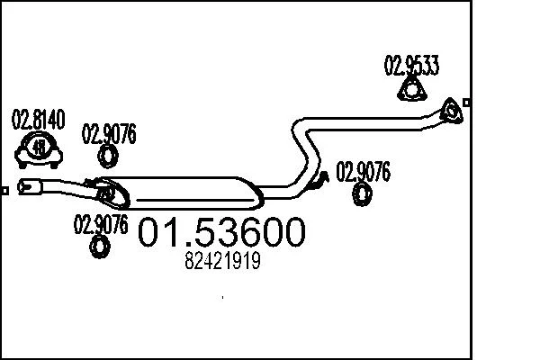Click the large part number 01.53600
pyautogui.click(x=221, y=232)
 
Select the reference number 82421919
pyautogui.click(x=222, y=261)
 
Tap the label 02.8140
pyautogui.click(x=38, y=120)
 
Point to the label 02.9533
pyautogui.click(x=411, y=65)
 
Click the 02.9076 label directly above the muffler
pyautogui.click(x=109, y=134)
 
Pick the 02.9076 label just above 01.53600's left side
pyautogui.click(x=101, y=224)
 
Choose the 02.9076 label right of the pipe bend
pyautogui.click(x=363, y=171)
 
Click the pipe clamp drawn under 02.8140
pyautogui.click(x=38, y=150)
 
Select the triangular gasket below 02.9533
pyautogui.click(x=412, y=90)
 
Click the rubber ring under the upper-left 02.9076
pyautogui.click(x=108, y=157)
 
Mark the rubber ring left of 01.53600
pyautogui.click(x=100, y=247)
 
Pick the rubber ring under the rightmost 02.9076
pyautogui.click(x=362, y=194)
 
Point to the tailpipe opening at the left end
pyautogui.click(x=26, y=186)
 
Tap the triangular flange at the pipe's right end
pyautogui.click(x=451, y=111)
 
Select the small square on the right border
pyautogui.click(x=466, y=103)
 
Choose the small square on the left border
pyautogui.click(x=4, y=191)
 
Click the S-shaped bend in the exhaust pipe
pyautogui.click(x=306, y=150)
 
